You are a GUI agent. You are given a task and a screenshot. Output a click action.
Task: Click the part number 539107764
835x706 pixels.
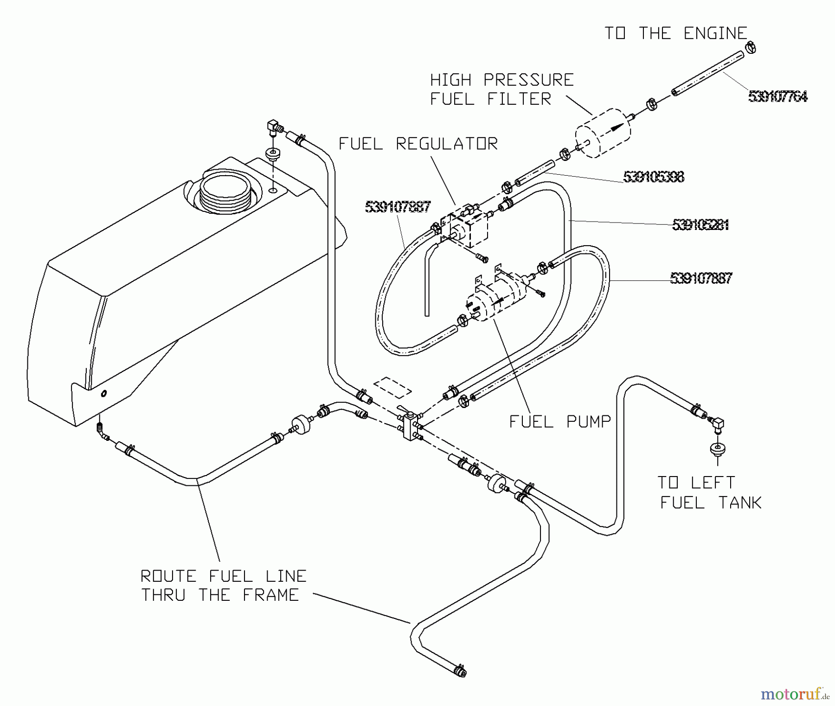(777, 96)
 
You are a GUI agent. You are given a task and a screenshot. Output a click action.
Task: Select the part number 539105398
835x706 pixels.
(653, 177)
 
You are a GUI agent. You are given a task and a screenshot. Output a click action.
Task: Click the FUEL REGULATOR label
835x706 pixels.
(418, 144)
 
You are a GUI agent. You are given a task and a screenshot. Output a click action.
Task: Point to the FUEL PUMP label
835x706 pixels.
(560, 421)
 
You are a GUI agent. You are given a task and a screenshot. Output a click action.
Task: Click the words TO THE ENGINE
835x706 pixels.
(675, 33)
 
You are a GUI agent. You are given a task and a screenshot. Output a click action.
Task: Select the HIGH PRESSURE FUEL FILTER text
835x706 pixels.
(501, 89)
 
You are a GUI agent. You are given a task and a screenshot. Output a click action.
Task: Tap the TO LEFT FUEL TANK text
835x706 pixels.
(710, 492)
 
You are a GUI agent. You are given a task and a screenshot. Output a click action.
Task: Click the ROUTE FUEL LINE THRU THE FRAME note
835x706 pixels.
(223, 585)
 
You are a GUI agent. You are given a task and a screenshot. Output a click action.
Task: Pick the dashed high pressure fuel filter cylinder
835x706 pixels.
(603, 133)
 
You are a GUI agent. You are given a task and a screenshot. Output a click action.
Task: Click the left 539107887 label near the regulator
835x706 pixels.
(398, 207)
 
